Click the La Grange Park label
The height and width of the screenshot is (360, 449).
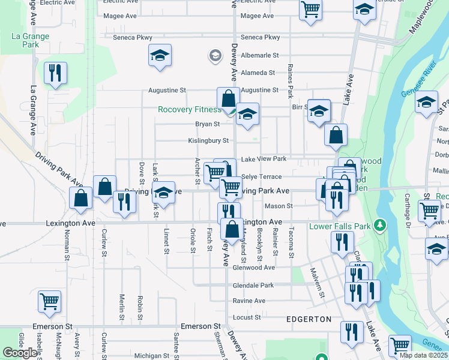pyautogui.click(x=30, y=40)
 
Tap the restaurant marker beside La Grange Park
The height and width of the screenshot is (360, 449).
pyautogui.click(x=55, y=73)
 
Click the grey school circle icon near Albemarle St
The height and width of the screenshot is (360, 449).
pyautogui.click(x=214, y=56)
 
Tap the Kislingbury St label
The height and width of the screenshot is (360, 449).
pyautogui.click(x=208, y=141)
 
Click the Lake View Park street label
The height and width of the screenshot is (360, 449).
pyautogui.click(x=264, y=159)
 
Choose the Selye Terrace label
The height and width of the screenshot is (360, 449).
pyautogui.click(x=261, y=177)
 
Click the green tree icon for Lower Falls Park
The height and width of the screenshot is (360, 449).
pyautogui.click(x=379, y=226)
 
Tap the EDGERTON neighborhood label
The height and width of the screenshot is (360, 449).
pyautogui.click(x=309, y=319)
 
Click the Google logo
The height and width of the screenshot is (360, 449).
pyautogui.click(x=20, y=353)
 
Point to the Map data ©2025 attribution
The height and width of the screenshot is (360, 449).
pyautogui.click(x=423, y=355)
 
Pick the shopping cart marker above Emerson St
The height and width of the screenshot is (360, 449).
pyautogui.click(x=49, y=301)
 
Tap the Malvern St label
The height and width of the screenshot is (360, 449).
pyautogui.click(x=317, y=282)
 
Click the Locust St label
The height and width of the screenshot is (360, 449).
pyautogui.click(x=247, y=317)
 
